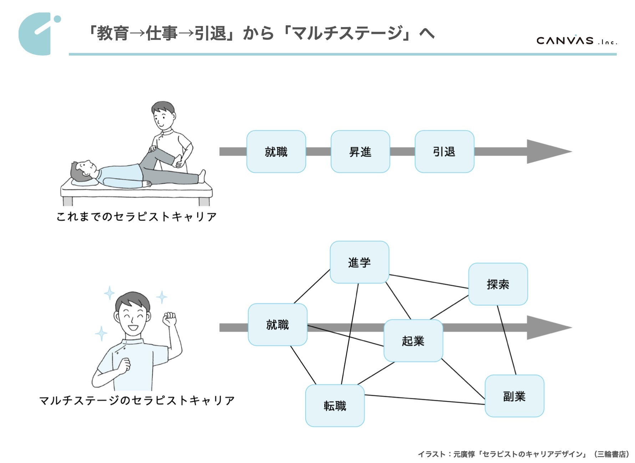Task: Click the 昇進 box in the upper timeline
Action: [x=360, y=152]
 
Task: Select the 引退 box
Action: [x=444, y=152]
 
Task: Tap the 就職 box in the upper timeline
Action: [x=276, y=152]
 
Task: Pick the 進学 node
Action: [x=359, y=262]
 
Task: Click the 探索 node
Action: [x=498, y=284]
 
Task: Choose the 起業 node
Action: [x=413, y=341]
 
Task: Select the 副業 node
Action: [x=514, y=396]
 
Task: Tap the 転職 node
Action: [x=335, y=406]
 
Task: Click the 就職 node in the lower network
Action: [x=278, y=325]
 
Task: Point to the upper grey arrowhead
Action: [x=546, y=152]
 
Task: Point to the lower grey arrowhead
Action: [x=546, y=327]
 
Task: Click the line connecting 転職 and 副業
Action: [x=425, y=400]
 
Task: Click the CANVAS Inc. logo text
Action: [x=576, y=41]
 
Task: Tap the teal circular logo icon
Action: [x=37, y=34]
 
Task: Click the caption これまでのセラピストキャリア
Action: [x=136, y=217]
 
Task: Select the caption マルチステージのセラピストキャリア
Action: [x=137, y=400]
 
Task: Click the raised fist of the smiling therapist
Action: [x=169, y=319]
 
